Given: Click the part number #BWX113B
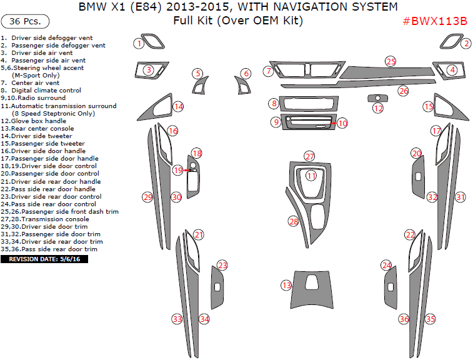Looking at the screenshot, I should click(x=435, y=21).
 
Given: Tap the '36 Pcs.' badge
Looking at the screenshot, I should click(x=26, y=21).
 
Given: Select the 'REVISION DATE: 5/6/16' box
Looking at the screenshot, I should click(x=44, y=258).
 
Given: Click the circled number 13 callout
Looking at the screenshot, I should click(x=287, y=285).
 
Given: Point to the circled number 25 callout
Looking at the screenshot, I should click(x=391, y=61).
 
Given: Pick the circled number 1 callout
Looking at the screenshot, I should click(x=139, y=43).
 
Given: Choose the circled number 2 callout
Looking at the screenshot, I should click(x=466, y=43).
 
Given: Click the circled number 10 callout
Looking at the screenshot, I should click(x=342, y=123).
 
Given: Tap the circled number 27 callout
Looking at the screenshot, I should click(x=310, y=156).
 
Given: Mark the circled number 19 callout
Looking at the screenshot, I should click(x=178, y=170).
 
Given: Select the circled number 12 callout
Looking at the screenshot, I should click(x=378, y=108).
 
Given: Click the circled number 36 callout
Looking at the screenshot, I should click(x=404, y=319).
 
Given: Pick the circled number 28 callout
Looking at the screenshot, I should click(x=294, y=221).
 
